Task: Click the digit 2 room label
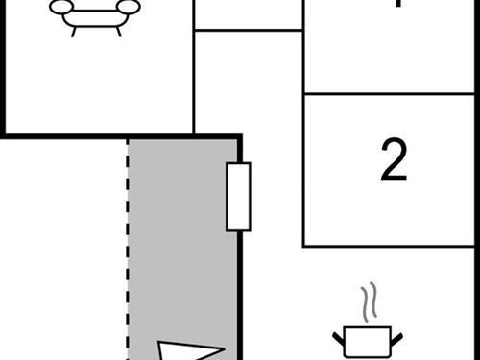click(394, 161)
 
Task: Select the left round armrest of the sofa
click(60, 8)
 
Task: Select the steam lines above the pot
click(367, 302)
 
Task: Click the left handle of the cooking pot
click(338, 335)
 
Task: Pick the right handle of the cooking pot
click(396, 335)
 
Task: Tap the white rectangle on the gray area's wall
click(238, 197)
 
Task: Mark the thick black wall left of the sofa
click(4, 67)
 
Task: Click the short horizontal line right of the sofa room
click(249, 30)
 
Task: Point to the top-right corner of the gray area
click(238, 138)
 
